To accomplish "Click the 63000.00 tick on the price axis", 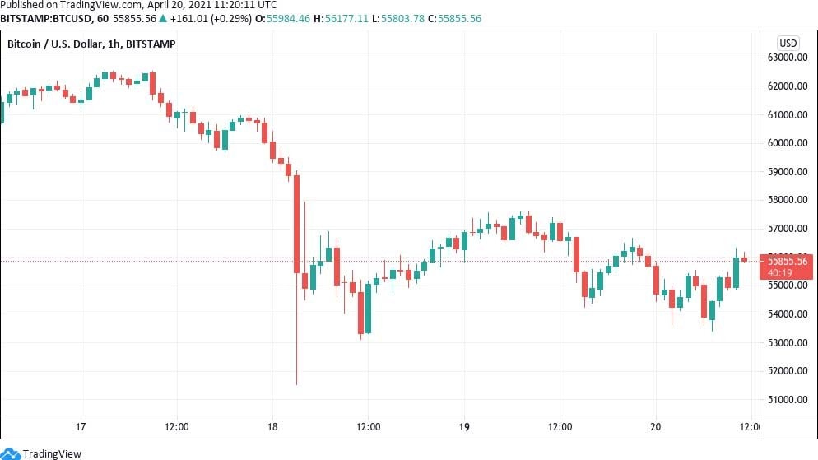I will [786, 58].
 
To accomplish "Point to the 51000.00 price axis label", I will [786, 400].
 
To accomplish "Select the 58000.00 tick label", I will [786, 200].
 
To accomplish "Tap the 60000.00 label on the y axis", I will [786, 143].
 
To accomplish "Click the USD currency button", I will [788, 43].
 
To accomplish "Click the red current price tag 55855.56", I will [788, 261].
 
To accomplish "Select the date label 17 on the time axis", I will [81, 427].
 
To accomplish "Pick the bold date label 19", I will [464, 427].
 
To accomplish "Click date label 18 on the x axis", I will [272, 427].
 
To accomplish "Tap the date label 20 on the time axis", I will [656, 427].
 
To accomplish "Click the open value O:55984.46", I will [287, 17].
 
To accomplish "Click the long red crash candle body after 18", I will [296, 222].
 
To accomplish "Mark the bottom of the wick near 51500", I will [296, 383].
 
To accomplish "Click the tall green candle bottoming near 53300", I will [368, 311].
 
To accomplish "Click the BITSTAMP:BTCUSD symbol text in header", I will [37, 17].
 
